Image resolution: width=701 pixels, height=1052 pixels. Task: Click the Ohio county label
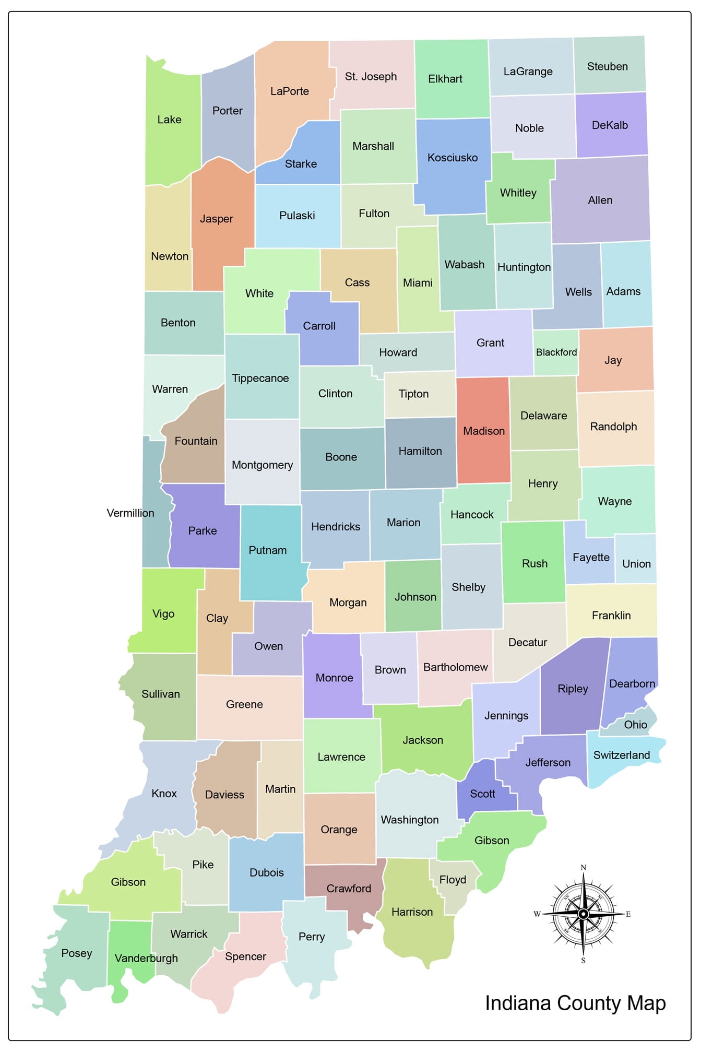pyautogui.click(x=635, y=725)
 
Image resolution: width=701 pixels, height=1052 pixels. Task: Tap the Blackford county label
pyautogui.click(x=556, y=352)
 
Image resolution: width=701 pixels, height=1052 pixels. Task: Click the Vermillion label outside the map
pyautogui.click(x=130, y=513)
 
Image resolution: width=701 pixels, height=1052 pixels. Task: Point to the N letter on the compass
pyautogui.click(x=584, y=868)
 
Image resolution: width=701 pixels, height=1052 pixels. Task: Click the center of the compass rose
pyautogui.click(x=584, y=914)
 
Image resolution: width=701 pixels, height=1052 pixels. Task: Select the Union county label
pyautogui.click(x=636, y=564)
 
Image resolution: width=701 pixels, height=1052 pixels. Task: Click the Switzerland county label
pyautogui.click(x=621, y=755)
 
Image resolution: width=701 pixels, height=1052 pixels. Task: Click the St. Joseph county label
pyautogui.click(x=371, y=77)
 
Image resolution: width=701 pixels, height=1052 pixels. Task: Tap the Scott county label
pyautogui.click(x=482, y=794)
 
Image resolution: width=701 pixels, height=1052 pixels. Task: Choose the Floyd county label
pyautogui.click(x=453, y=880)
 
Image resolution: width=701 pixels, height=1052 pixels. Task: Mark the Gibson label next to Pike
pyautogui.click(x=128, y=882)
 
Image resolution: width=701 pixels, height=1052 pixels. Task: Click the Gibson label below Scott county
pyautogui.click(x=492, y=841)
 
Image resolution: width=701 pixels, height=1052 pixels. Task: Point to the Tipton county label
pyautogui.click(x=413, y=394)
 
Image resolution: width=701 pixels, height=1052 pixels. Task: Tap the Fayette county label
pyautogui.click(x=591, y=558)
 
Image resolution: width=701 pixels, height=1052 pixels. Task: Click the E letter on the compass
pyautogui.click(x=628, y=914)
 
